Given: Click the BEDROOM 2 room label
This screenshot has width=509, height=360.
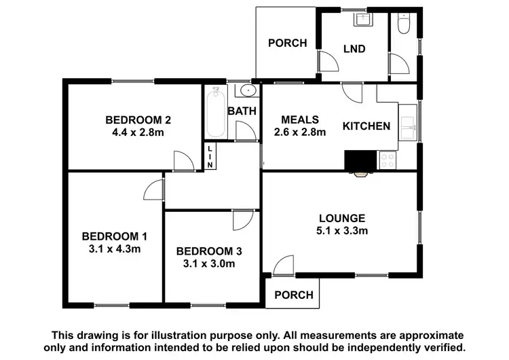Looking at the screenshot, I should [138, 120].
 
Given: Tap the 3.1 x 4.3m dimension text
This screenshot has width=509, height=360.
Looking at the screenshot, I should [115, 249].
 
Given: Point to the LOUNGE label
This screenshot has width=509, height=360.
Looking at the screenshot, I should [342, 218].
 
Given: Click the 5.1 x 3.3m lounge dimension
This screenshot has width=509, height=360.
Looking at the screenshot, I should [342, 231].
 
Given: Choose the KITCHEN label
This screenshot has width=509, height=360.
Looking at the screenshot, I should [366, 126].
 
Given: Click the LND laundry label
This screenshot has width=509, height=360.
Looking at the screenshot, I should [354, 49].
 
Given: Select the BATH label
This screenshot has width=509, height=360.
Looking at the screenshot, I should [241, 111].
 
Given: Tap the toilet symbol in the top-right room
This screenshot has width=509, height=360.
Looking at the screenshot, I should [405, 24].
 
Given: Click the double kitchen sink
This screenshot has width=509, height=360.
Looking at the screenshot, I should [409, 124].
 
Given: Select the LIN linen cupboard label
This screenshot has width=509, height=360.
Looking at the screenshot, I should [210, 157].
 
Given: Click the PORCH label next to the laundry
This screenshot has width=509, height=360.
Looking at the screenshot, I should [287, 43].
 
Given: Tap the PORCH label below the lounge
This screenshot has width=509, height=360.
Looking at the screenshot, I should [295, 295].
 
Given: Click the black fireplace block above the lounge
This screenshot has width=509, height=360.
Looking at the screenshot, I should [360, 162].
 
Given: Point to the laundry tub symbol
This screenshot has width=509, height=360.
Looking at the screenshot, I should [360, 20].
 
